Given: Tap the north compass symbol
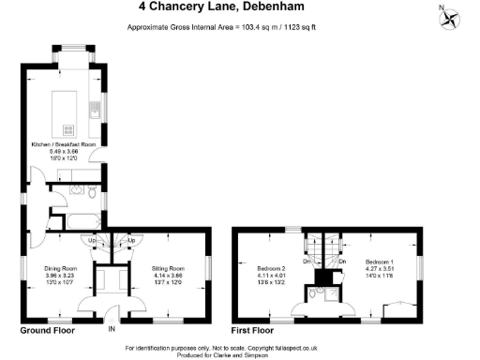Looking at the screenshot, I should click(451, 17).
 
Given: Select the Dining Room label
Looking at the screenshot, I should click(59, 268).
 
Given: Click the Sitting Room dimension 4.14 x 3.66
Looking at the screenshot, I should click(169, 276).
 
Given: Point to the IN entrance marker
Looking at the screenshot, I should click(112, 330).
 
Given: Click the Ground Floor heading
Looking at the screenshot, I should click(47, 331).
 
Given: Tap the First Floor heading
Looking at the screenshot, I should click(251, 331).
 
